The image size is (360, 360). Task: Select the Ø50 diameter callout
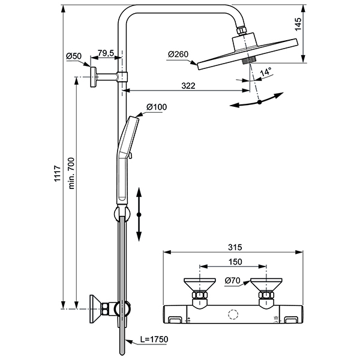pos(74,57)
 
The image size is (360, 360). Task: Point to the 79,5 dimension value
pos(107,54)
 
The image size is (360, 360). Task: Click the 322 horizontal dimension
pos(188,86)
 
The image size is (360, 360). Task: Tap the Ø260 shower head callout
pos(178,55)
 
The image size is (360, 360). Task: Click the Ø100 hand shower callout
pos(157,107)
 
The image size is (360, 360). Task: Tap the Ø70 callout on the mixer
pos(233,280)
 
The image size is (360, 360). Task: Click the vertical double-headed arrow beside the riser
pos(139,214)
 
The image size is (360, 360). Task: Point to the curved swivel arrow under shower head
pos(259,102)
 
